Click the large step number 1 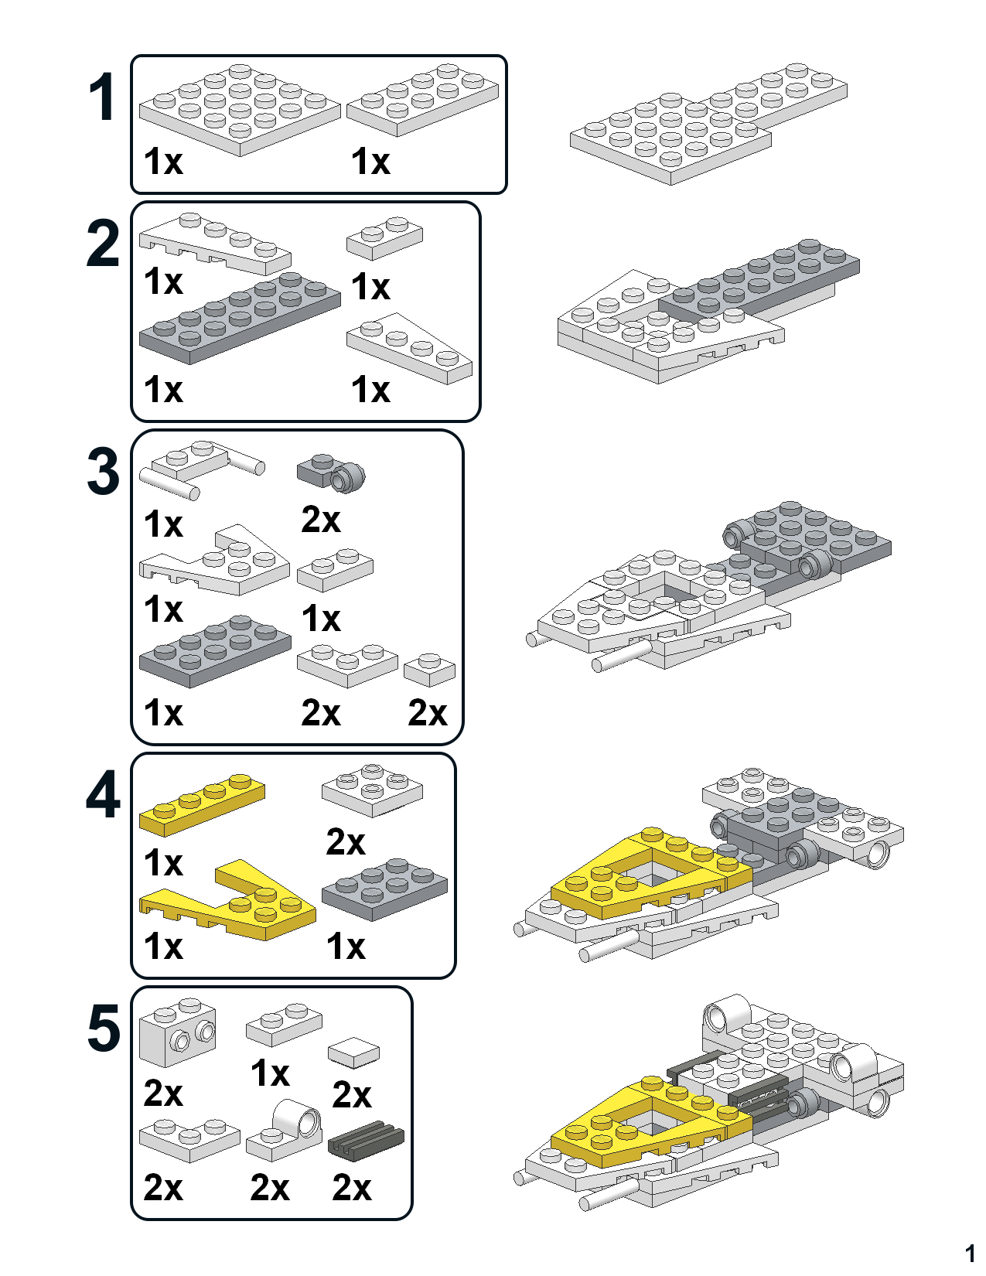(101, 97)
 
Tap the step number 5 (103, 1029)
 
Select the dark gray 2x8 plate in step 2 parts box (240, 317)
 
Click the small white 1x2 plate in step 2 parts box (384, 238)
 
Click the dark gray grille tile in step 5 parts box (367, 1138)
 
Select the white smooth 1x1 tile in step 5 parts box (353, 1052)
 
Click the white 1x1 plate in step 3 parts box (429, 670)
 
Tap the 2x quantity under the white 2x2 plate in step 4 (345, 841)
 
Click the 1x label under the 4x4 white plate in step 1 (163, 162)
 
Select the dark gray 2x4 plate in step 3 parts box (215, 651)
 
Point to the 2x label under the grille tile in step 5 (352, 1187)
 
